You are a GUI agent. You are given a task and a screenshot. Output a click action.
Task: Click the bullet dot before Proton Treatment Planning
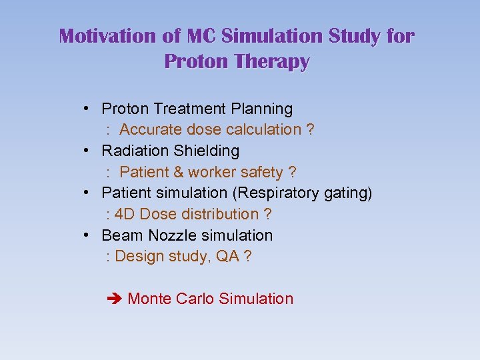(x=88, y=108)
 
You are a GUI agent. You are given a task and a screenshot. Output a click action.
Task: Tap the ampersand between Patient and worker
(x=178, y=172)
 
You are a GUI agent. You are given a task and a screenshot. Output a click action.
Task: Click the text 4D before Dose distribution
(x=125, y=214)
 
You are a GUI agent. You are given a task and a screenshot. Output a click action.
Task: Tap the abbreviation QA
(x=227, y=257)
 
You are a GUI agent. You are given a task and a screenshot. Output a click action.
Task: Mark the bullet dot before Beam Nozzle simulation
(x=88, y=235)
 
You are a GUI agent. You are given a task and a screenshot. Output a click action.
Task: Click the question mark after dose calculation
(x=311, y=129)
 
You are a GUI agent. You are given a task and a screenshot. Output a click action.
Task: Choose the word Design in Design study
(x=137, y=257)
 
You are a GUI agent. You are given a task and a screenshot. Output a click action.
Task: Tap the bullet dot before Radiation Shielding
(x=88, y=151)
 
